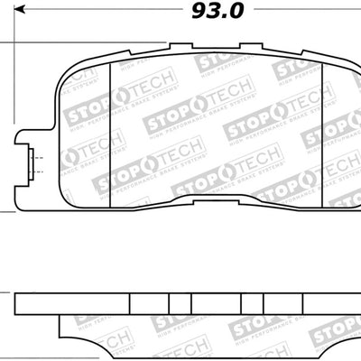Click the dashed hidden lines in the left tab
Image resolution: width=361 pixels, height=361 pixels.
tap(35, 164)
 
